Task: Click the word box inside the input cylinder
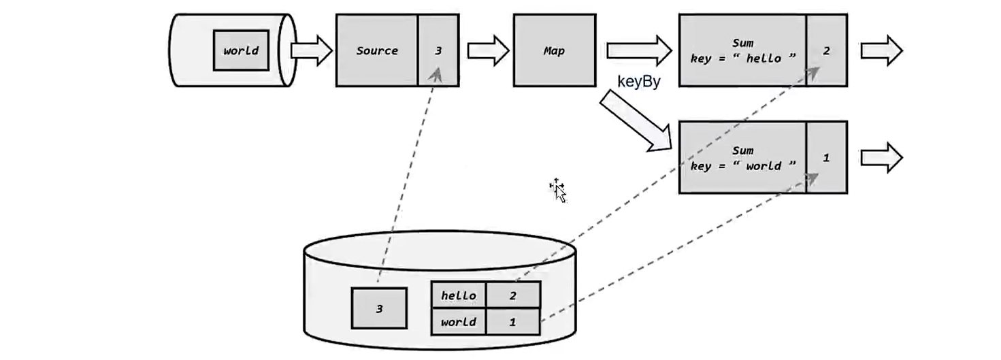242,50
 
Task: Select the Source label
377,51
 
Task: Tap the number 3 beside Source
438,51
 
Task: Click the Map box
555,50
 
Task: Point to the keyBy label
638,82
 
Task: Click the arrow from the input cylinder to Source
312,50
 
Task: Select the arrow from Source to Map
489,50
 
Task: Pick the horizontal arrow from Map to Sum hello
640,50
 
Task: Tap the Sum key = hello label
742,51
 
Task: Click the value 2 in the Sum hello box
826,51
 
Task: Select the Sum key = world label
742,159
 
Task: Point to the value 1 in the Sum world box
826,158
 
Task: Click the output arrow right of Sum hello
882,50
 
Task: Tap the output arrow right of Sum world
882,158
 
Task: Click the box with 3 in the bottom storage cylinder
380,308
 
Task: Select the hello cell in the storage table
459,295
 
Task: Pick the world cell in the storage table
459,322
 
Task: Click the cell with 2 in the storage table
513,295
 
